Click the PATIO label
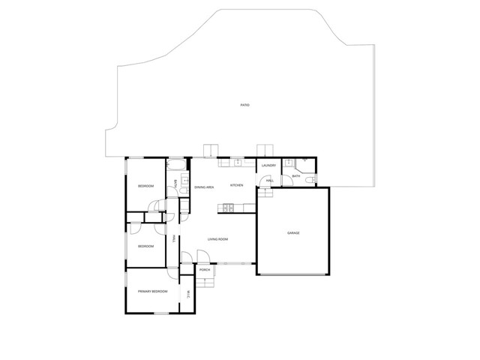click(244, 105)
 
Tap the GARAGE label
click(293, 232)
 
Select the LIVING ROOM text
click(218, 238)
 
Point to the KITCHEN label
click(236, 185)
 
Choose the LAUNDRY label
click(269, 166)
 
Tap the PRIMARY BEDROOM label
click(152, 290)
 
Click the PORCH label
click(204, 269)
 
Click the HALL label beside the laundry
click(269, 181)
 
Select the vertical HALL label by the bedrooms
click(175, 238)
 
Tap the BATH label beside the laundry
click(295, 176)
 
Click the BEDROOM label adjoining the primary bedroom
click(145, 246)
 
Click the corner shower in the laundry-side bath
click(301, 166)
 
